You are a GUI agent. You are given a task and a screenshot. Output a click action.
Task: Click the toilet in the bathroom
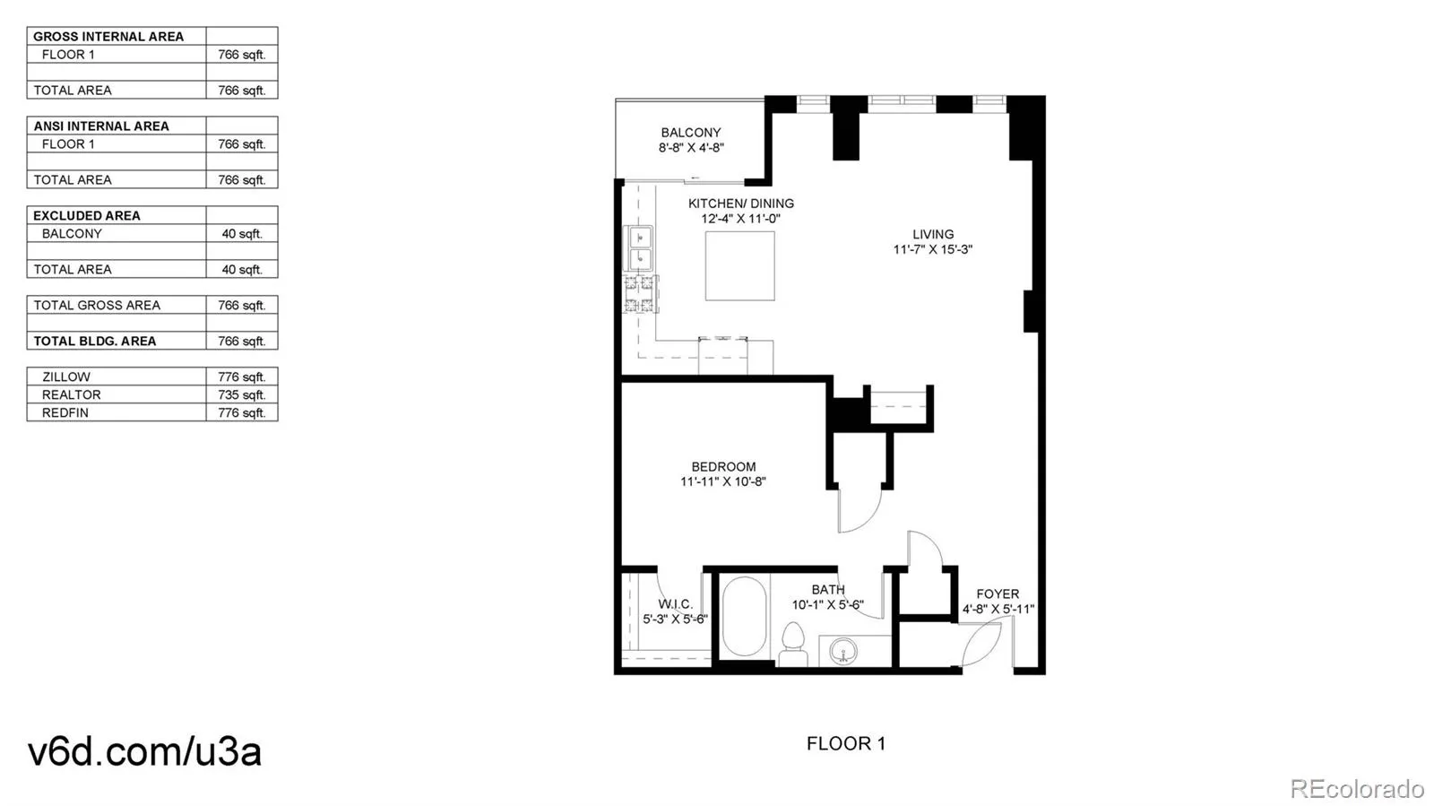click(793, 644)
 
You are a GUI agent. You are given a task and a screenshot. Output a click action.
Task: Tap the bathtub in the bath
click(744, 617)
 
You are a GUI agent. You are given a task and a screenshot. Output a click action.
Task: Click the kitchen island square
click(740, 265)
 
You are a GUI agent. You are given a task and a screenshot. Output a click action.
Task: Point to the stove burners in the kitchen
click(641, 294)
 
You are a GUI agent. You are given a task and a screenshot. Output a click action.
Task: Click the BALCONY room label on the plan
click(691, 133)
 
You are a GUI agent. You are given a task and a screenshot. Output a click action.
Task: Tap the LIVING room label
click(933, 234)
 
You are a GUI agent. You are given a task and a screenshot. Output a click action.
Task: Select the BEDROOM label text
click(723, 467)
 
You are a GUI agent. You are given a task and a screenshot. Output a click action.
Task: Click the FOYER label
click(998, 594)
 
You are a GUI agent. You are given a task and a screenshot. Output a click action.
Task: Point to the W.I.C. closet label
click(676, 603)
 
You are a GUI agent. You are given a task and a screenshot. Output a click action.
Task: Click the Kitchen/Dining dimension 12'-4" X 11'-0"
click(740, 218)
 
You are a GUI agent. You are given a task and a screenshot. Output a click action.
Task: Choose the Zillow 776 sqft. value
click(241, 377)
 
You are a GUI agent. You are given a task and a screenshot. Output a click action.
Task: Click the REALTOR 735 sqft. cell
click(241, 394)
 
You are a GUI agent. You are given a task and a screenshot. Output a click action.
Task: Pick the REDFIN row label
click(65, 412)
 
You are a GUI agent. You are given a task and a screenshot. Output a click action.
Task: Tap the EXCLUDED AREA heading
click(86, 215)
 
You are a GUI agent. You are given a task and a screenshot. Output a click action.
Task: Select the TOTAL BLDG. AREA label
click(95, 341)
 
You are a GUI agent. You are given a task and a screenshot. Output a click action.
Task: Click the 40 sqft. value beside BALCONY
click(242, 233)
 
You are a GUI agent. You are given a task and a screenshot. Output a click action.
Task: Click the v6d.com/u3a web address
click(144, 751)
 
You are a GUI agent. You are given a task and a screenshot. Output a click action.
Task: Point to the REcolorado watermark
click(1357, 788)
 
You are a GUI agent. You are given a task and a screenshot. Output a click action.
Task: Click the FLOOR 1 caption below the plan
click(846, 743)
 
